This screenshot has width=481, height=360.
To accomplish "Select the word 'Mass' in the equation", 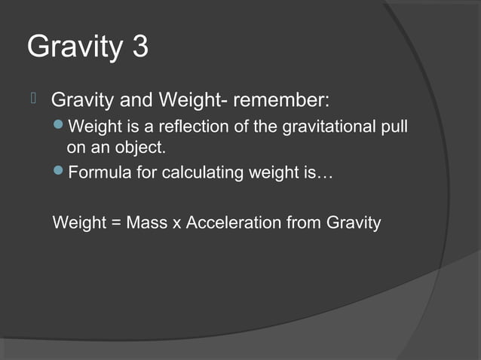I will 148,223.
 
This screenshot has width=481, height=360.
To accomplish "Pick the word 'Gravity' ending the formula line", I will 354,223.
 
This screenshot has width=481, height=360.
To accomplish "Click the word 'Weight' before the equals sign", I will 79,223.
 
